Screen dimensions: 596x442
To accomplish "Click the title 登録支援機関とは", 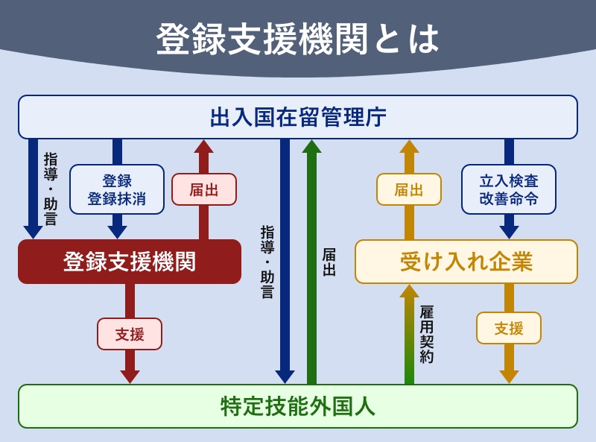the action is (x=297, y=39).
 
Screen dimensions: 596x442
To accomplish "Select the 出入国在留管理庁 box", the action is (x=298, y=117).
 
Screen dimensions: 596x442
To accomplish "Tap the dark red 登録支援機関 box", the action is (x=130, y=262).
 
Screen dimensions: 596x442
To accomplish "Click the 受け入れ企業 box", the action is (x=466, y=262).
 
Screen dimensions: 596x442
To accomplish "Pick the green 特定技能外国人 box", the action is (x=298, y=406).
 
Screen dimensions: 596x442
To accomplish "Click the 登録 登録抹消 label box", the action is (x=117, y=189).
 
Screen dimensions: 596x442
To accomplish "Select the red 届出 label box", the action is (x=204, y=189).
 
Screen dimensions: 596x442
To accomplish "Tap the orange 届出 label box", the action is (x=409, y=189).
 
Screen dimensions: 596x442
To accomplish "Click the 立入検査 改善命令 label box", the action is (x=509, y=189).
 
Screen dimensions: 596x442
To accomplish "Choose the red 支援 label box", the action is (x=130, y=334).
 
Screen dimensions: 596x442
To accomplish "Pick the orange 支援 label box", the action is (x=509, y=328).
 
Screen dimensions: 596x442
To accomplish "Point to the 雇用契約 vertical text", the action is (x=426, y=335).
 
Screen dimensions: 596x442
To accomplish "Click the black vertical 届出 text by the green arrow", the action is (x=329, y=262).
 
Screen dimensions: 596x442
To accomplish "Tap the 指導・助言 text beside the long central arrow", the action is (x=267, y=262).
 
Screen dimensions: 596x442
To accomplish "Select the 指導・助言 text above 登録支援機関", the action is (x=51, y=189).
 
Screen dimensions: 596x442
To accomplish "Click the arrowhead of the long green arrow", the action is (x=311, y=146).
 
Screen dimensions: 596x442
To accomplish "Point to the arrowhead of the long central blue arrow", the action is (x=285, y=377).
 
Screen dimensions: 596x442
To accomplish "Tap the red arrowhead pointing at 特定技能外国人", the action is (x=130, y=377).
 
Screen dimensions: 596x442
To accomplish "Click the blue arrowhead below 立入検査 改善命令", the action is (x=509, y=232).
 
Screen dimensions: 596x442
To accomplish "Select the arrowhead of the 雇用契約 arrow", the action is (x=409, y=291).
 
